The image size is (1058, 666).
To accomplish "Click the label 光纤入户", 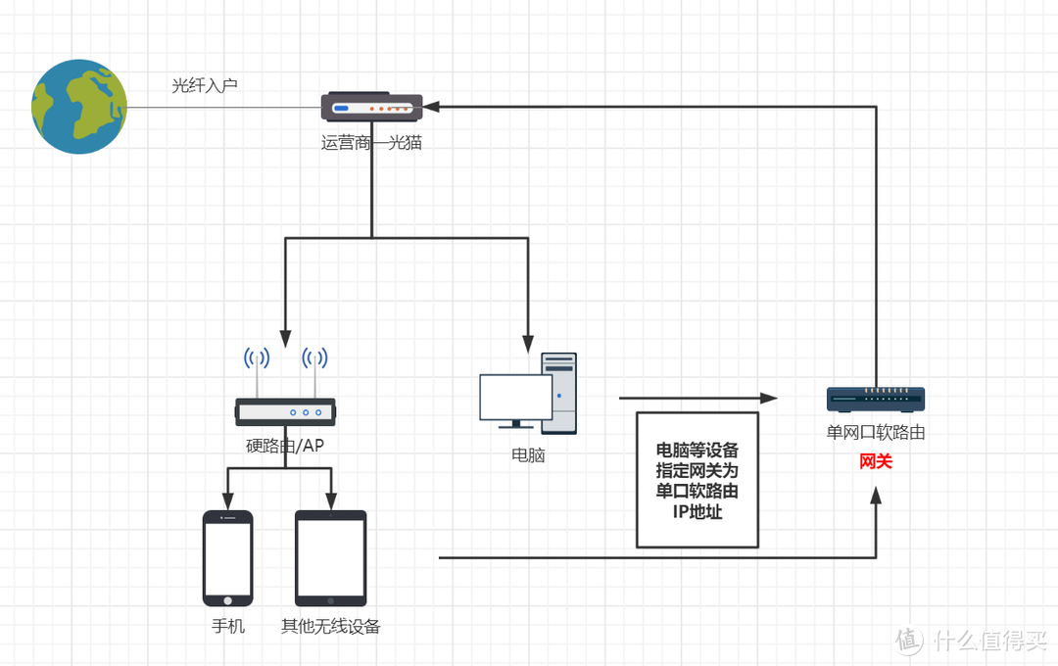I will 205,85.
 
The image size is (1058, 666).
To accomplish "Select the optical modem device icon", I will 371,108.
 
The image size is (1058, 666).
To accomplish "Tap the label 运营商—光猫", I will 371,142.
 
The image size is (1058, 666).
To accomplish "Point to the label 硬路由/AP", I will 285,447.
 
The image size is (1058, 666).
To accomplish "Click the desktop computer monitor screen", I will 515,397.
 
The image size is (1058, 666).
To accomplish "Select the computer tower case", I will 559,392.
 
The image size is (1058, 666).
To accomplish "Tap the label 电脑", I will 528,454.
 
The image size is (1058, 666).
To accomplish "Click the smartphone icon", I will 227,558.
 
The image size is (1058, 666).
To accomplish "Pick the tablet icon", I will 330,557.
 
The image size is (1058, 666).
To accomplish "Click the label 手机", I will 227,626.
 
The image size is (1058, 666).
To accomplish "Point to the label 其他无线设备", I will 330,626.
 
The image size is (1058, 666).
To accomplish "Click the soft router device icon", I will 875,399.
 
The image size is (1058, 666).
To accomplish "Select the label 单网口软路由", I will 875,432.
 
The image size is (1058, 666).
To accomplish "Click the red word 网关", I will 875,460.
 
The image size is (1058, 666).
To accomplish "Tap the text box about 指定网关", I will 697,480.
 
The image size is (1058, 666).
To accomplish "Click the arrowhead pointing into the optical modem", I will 431,106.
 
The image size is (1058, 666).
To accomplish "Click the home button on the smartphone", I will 227,599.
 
